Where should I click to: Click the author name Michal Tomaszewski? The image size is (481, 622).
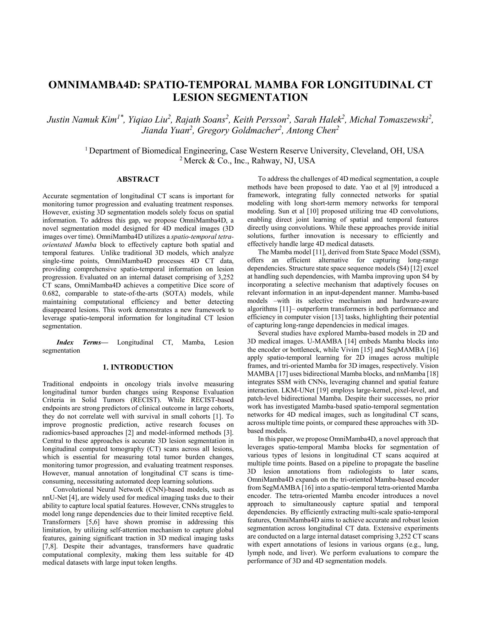(x=389, y=120)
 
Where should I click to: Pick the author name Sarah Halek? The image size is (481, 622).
(x=318, y=120)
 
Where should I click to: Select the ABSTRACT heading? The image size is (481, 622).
(x=138, y=179)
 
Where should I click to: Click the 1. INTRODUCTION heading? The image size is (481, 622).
(x=138, y=367)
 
